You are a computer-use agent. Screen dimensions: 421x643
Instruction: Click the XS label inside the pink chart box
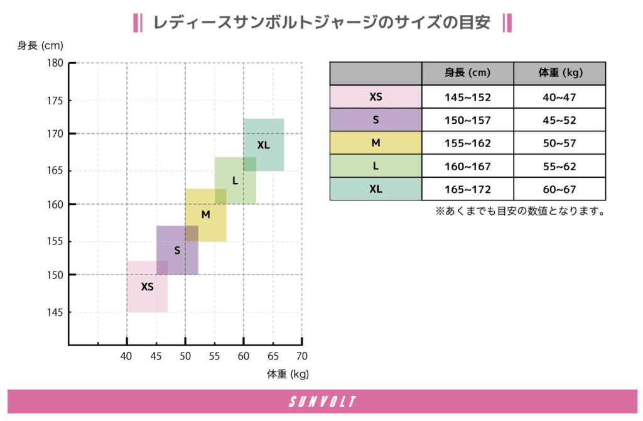click(147, 287)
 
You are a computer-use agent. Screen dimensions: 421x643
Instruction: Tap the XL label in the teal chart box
click(263, 145)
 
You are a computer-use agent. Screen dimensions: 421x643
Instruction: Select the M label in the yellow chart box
click(205, 215)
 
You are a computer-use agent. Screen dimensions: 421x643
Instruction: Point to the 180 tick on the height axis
click(55, 63)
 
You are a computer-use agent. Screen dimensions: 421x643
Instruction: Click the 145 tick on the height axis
click(55, 312)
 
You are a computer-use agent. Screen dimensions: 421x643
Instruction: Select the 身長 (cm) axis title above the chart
click(40, 45)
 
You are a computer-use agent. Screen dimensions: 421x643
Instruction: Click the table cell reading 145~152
click(468, 97)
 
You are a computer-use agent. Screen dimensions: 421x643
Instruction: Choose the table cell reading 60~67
click(559, 189)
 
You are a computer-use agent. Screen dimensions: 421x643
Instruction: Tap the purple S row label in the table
click(376, 120)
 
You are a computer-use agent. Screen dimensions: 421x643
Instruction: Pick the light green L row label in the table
click(376, 166)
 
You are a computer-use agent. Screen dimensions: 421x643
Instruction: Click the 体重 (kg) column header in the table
click(559, 73)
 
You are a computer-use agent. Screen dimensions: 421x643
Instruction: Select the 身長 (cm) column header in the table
click(468, 73)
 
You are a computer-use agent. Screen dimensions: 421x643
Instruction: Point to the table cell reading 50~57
click(559, 143)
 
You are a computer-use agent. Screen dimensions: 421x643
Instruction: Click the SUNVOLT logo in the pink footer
click(321, 402)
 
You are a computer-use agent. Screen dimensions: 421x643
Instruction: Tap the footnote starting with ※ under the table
click(520, 212)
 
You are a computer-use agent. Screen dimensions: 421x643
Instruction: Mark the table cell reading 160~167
click(468, 166)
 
